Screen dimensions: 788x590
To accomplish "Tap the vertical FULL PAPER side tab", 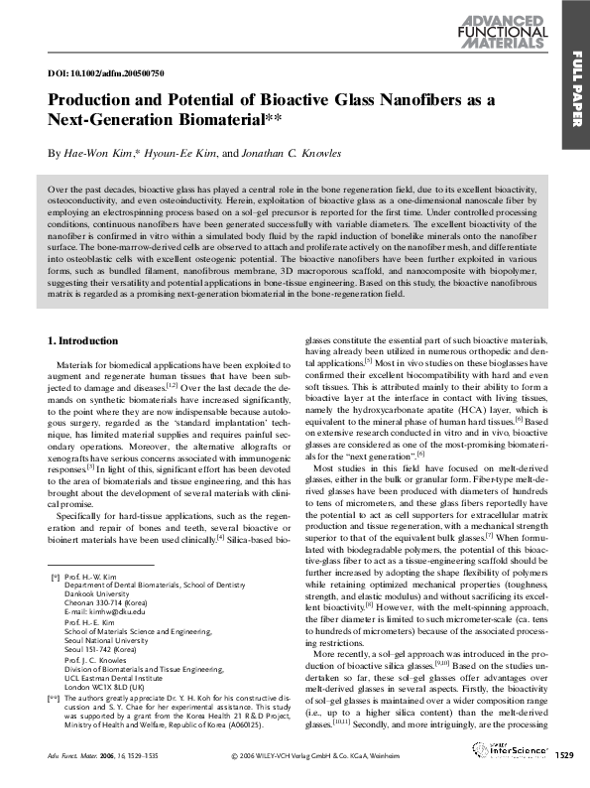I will coord(576,89).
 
